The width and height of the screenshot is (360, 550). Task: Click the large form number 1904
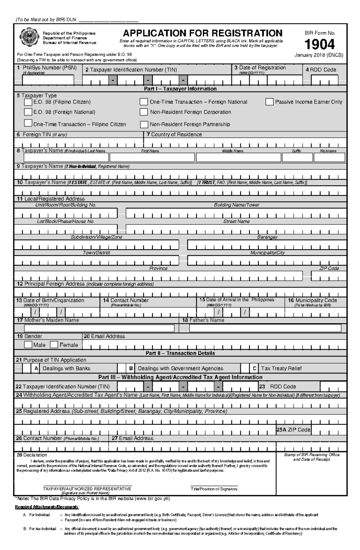pyautogui.click(x=319, y=44)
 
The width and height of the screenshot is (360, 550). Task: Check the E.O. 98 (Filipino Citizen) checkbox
pyautogui.click(x=28, y=102)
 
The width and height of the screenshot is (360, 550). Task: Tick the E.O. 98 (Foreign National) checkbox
pyautogui.click(x=28, y=112)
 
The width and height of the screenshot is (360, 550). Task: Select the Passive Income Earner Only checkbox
pyautogui.click(x=269, y=102)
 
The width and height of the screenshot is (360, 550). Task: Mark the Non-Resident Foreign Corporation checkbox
pyautogui.click(x=144, y=112)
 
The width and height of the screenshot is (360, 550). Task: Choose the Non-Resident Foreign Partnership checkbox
pyautogui.click(x=144, y=124)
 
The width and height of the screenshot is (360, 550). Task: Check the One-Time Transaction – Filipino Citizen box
pyautogui.click(x=28, y=123)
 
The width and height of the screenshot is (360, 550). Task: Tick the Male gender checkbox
pyautogui.click(x=28, y=345)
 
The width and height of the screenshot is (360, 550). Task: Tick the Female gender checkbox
pyautogui.click(x=54, y=345)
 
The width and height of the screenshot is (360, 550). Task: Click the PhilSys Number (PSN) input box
pyautogui.click(x=48, y=80)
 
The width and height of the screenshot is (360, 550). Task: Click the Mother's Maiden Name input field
pyautogui.click(x=99, y=328)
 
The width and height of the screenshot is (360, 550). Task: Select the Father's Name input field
pyautogui.click(x=265, y=328)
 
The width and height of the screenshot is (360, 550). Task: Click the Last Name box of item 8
pyautogui.click(x=66, y=158)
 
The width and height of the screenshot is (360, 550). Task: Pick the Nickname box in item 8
pyautogui.click(x=329, y=158)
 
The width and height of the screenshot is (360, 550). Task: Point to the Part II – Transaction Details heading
pyautogui.click(x=180, y=353)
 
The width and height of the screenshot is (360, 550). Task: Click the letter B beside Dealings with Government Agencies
pyautogui.click(x=131, y=368)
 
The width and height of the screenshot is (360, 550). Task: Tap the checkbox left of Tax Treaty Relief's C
pyautogui.click(x=245, y=368)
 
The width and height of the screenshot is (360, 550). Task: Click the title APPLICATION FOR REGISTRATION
pyautogui.click(x=202, y=33)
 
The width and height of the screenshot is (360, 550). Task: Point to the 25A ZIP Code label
pyautogui.click(x=293, y=430)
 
